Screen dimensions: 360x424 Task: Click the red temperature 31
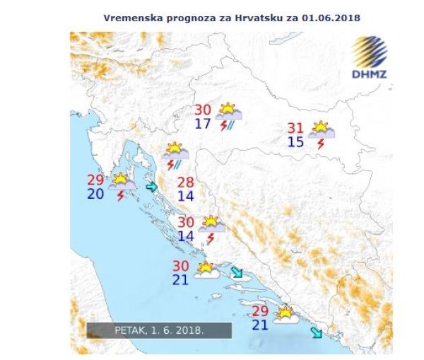(x=297, y=128)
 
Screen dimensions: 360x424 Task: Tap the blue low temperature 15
(x=297, y=142)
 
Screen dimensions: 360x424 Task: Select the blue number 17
(x=203, y=124)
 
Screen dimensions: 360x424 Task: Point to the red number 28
(x=185, y=182)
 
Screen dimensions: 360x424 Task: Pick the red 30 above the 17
(x=203, y=110)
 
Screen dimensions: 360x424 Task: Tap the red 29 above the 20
(x=95, y=180)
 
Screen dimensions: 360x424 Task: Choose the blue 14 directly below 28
(x=185, y=196)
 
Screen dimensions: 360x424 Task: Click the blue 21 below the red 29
(x=260, y=325)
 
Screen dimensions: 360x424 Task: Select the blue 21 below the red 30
(x=182, y=279)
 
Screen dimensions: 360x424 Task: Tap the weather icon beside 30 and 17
(x=228, y=116)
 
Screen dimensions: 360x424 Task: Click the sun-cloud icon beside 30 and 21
(x=206, y=271)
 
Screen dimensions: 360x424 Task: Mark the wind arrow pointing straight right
(x=152, y=187)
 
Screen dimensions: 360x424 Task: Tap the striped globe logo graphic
(x=370, y=52)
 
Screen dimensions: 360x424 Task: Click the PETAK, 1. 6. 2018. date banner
(x=159, y=330)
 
